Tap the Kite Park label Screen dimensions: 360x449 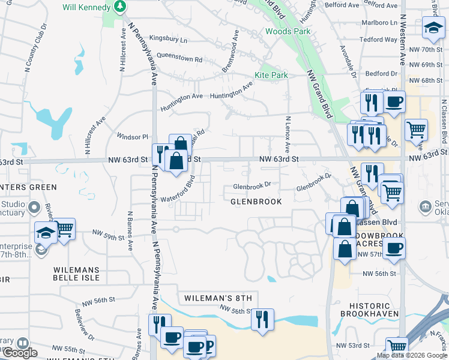pyautogui.click(x=271, y=75)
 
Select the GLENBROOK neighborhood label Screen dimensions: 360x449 pyautogui.click(x=256, y=202)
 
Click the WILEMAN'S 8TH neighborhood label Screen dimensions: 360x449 pyautogui.click(x=217, y=298)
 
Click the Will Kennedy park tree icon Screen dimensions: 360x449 pyautogui.click(x=121, y=7)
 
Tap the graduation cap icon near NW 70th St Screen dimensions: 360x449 pyautogui.click(x=432, y=27)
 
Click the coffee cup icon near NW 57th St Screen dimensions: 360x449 pyautogui.click(x=394, y=248)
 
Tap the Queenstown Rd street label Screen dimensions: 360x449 pyautogui.click(x=179, y=59)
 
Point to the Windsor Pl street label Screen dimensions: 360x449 pyautogui.click(x=132, y=136)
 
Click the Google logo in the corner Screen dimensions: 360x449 pyautogui.click(x=20, y=353)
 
